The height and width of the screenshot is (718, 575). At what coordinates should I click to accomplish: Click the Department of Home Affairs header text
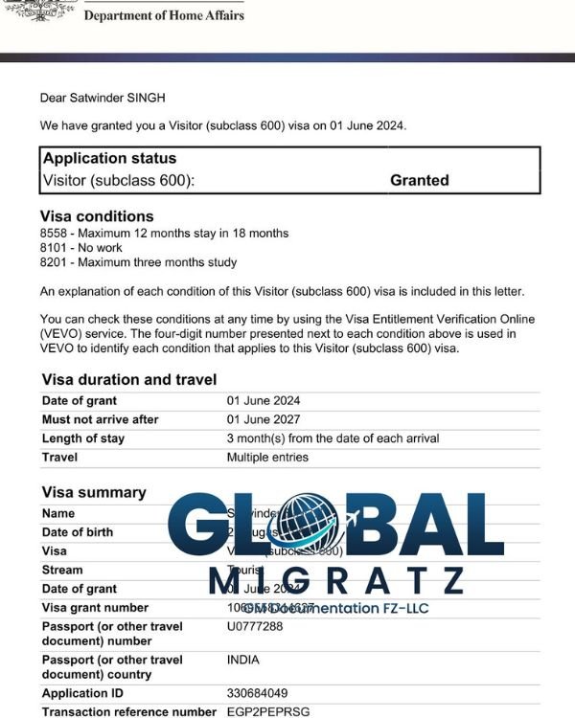click(163, 15)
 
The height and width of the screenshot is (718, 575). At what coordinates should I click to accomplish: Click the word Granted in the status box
click(419, 180)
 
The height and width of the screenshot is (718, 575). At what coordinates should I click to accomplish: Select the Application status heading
click(109, 158)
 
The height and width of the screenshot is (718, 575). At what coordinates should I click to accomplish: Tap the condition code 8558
click(55, 234)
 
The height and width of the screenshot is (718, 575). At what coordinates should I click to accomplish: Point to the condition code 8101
click(55, 248)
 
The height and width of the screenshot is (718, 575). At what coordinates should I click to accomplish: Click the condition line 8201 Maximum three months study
click(138, 262)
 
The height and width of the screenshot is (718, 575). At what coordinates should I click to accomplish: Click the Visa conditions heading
click(97, 216)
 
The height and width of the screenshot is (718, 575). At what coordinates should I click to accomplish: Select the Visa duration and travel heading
click(128, 379)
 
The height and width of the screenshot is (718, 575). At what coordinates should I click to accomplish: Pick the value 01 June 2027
click(264, 419)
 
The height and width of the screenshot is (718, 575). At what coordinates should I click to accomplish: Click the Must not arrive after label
click(101, 419)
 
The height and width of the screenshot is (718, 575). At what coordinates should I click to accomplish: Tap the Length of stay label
click(83, 438)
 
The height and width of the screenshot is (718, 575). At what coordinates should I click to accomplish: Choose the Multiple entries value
click(267, 458)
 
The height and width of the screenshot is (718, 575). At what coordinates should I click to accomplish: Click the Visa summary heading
click(94, 492)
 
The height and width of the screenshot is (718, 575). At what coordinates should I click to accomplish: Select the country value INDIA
click(243, 660)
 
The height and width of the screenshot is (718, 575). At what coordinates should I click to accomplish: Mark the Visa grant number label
click(95, 608)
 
